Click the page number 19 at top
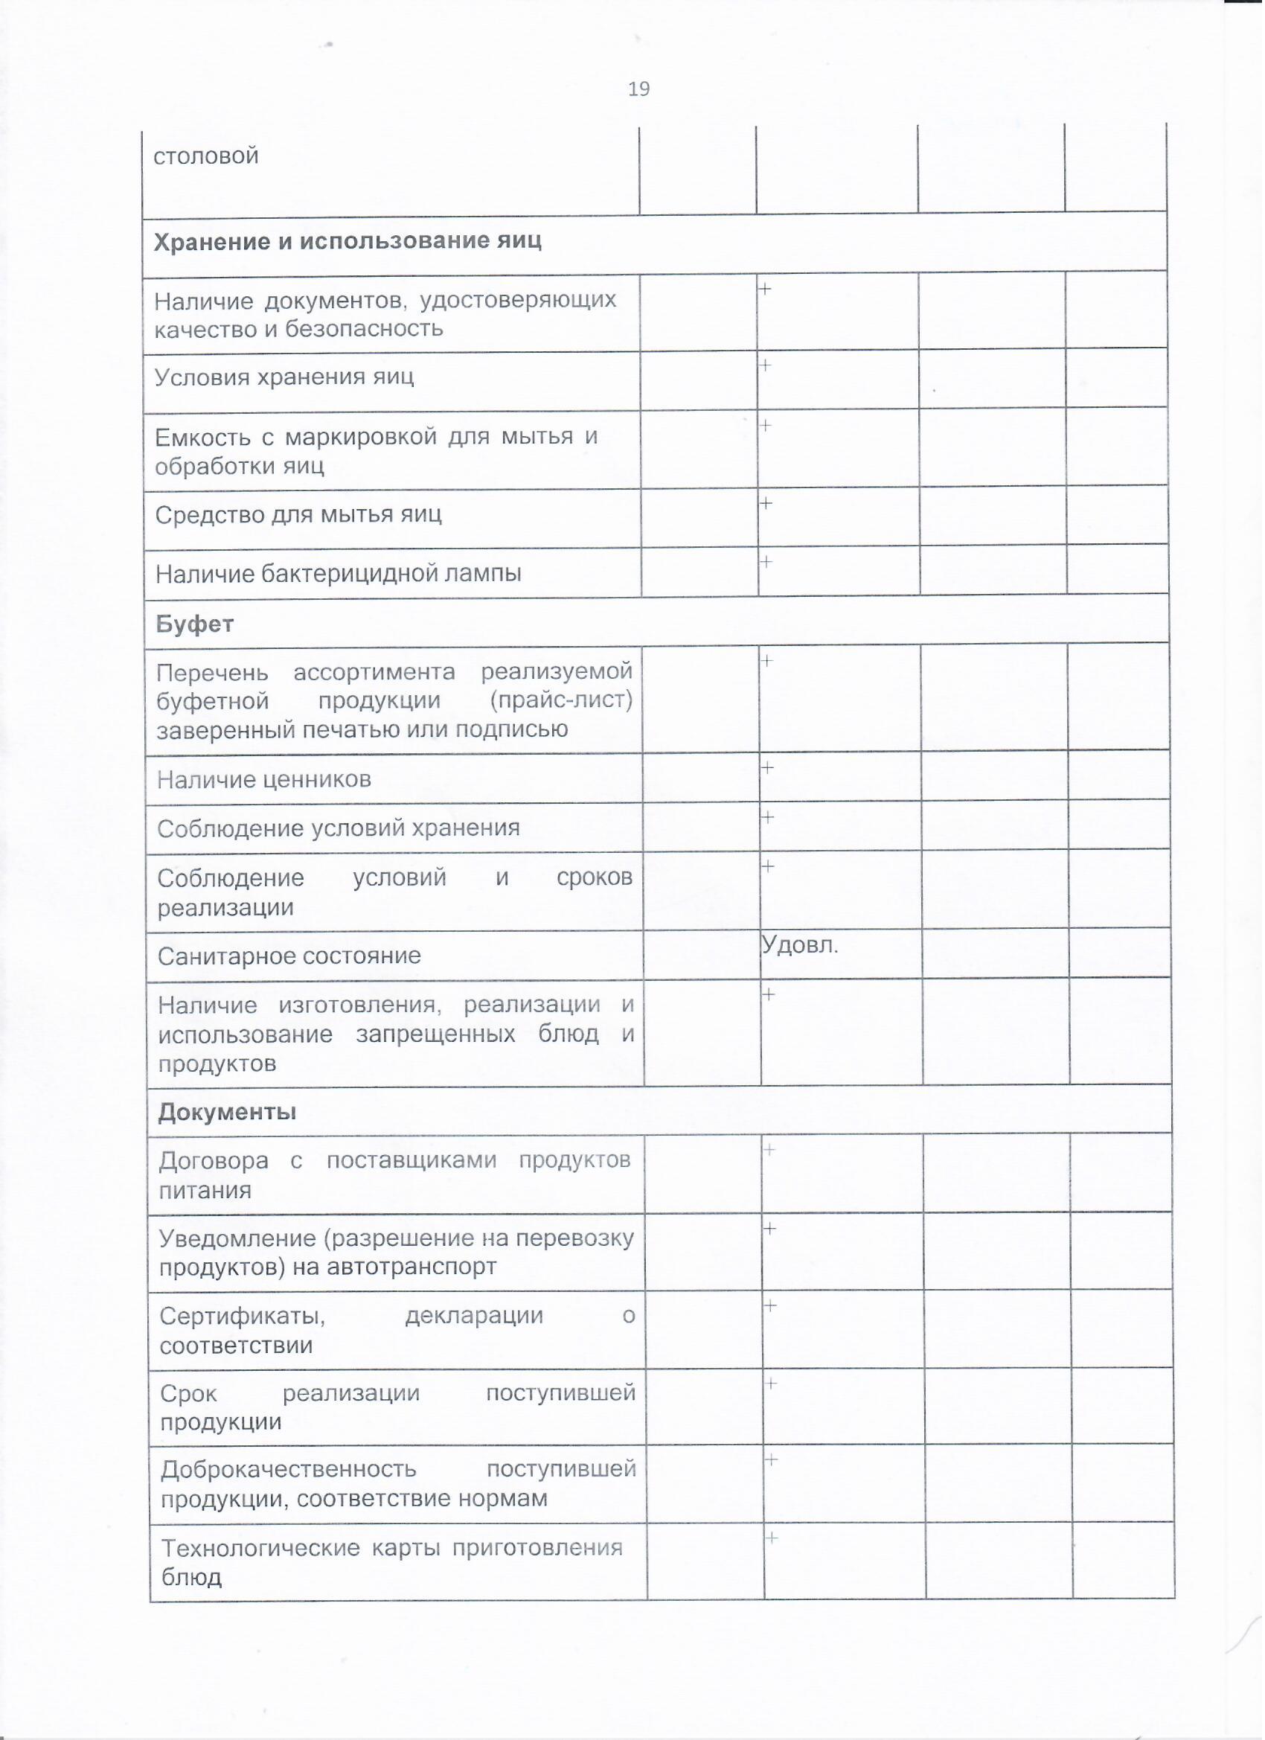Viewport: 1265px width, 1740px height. click(x=639, y=90)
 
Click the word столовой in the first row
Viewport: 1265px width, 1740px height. click(x=205, y=156)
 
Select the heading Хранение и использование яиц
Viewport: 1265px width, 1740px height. click(x=348, y=242)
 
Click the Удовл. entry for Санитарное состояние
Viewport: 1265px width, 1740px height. click(x=800, y=946)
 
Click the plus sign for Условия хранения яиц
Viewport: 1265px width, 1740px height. click(x=765, y=365)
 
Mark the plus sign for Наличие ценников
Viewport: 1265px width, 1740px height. click(x=767, y=767)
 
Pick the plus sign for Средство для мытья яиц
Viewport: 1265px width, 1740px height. click(x=766, y=503)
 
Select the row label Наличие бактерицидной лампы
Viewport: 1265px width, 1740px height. click(x=339, y=573)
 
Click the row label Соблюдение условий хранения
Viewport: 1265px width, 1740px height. click(x=339, y=828)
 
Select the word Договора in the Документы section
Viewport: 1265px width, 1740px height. click(x=214, y=1160)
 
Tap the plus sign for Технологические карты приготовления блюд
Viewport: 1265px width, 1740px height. click(x=772, y=1538)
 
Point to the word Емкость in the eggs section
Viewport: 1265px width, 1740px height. click(x=202, y=438)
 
